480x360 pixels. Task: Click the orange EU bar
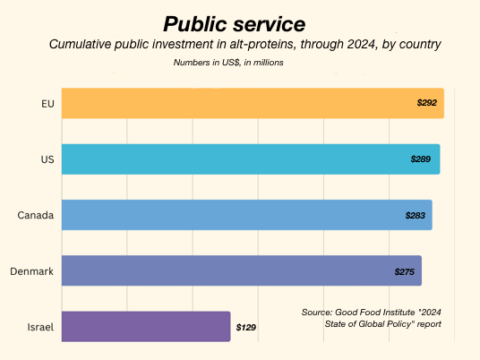tap(253, 103)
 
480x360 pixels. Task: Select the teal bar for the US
tap(251, 159)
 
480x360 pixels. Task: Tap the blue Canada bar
tap(247, 215)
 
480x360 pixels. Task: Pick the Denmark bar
tap(242, 270)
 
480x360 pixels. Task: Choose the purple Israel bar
tap(146, 327)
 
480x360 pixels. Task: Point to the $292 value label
tap(427, 103)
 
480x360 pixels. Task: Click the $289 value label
tap(421, 159)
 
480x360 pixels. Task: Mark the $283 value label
tap(416, 216)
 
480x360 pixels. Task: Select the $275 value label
tap(405, 272)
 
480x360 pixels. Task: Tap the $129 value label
tap(245, 328)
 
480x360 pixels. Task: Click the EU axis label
tap(47, 104)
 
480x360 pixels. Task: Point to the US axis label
tap(47, 159)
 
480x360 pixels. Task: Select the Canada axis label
tap(36, 215)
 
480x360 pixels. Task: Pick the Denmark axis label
tap(32, 271)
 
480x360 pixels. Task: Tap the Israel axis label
tap(40, 327)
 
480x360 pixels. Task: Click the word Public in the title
tap(195, 24)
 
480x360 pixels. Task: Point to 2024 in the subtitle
tap(361, 44)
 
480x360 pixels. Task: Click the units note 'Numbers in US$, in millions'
tap(228, 63)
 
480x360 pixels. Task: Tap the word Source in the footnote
tap(316, 313)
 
